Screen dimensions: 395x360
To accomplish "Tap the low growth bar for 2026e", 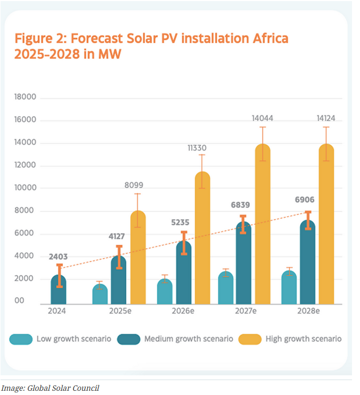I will [164, 292].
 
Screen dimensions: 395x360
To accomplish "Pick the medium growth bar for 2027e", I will [243, 264].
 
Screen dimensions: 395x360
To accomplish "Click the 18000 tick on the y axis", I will [24, 97].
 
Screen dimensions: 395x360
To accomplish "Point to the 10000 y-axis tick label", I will [24, 188].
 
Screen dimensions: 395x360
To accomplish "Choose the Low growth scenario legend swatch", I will [20, 339].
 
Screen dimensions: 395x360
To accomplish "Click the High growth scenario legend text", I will [304, 339].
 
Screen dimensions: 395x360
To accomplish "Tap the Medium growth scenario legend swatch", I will [128, 339].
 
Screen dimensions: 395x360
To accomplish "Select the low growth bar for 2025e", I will [100, 294].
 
